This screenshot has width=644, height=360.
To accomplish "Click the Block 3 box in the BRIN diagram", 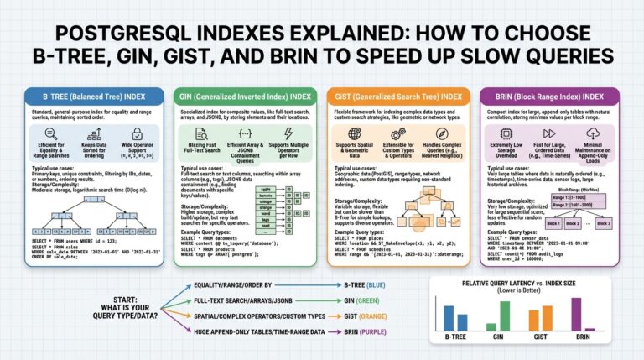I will coord(607,224).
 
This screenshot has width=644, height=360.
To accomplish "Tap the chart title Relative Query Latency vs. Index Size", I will coord(525,284).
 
